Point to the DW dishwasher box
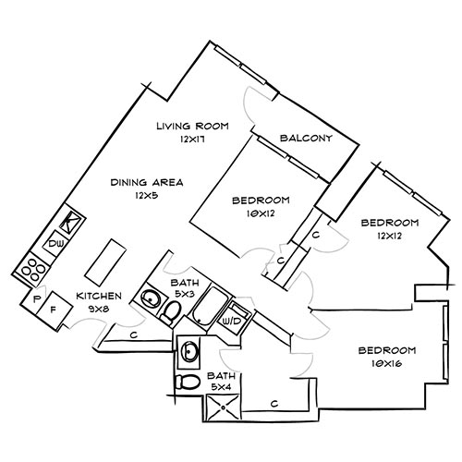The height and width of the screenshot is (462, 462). point(55,244)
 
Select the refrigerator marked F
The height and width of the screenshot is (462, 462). point(54,309)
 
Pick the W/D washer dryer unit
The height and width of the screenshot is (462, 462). point(233,320)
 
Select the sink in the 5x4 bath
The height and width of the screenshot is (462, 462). point(190,351)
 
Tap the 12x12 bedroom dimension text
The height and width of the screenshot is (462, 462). point(389,237)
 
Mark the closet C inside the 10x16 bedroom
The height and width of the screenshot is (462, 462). point(274,403)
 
